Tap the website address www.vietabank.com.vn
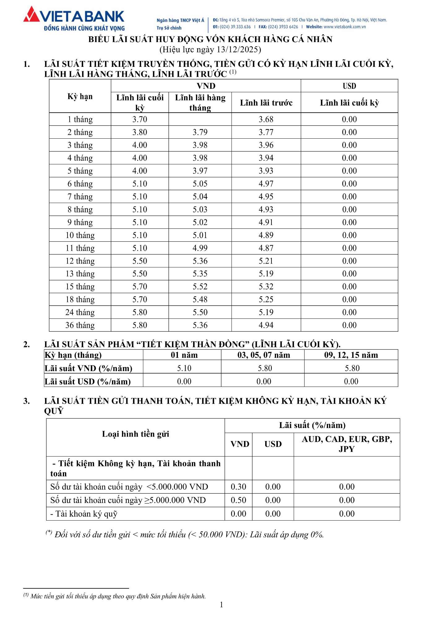pos(344,27)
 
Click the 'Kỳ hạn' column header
pos(80,97)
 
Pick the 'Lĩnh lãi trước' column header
pos(266,103)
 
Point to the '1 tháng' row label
pos(80,119)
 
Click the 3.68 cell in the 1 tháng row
pos(266,119)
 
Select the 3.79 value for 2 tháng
pos(200,132)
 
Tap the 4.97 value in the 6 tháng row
pos(266,184)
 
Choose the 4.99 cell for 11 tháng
pos(200,248)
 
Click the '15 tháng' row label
pos(80,287)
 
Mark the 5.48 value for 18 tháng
pos(200,300)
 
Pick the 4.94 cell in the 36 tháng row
pos(266,325)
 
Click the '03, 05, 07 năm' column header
pos(264,355)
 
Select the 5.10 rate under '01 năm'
pos(184,368)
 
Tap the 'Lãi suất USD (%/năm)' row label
pos(88,382)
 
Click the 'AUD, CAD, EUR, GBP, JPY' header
pos(347,444)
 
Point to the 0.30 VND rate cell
pos(238,487)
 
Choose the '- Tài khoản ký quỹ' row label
pos(84,514)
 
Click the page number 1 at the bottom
pos(221,604)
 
